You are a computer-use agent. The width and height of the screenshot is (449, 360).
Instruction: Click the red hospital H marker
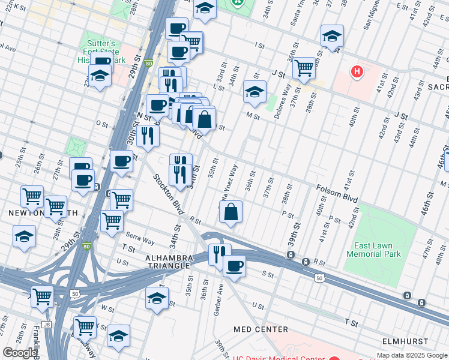pyautogui.click(x=358, y=72)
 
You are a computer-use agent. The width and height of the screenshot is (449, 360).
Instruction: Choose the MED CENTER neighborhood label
pyautogui.click(x=261, y=329)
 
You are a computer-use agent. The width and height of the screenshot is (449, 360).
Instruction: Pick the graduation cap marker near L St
pyautogui.click(x=255, y=93)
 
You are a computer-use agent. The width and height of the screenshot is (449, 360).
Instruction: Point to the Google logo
pyautogui.click(x=20, y=353)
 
